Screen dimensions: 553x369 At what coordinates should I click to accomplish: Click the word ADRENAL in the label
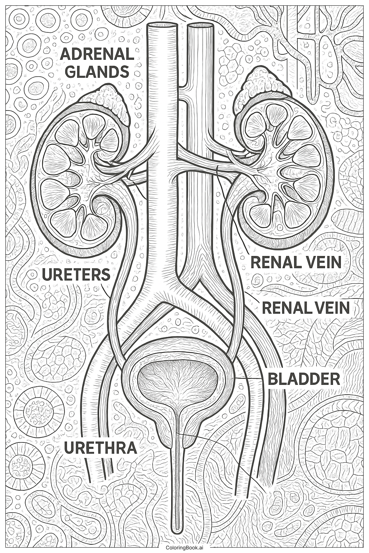(x=97, y=54)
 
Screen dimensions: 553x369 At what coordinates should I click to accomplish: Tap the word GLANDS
(x=98, y=72)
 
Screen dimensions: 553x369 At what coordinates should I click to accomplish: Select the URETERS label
(x=76, y=275)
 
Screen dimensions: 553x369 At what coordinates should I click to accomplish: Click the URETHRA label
(x=101, y=448)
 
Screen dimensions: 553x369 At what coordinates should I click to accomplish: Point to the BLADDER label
(x=304, y=379)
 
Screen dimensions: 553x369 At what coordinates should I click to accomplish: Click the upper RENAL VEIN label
(x=296, y=262)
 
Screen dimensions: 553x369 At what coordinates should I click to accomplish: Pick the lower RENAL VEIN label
(x=306, y=308)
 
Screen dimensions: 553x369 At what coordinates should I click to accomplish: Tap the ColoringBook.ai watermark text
(x=184, y=548)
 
